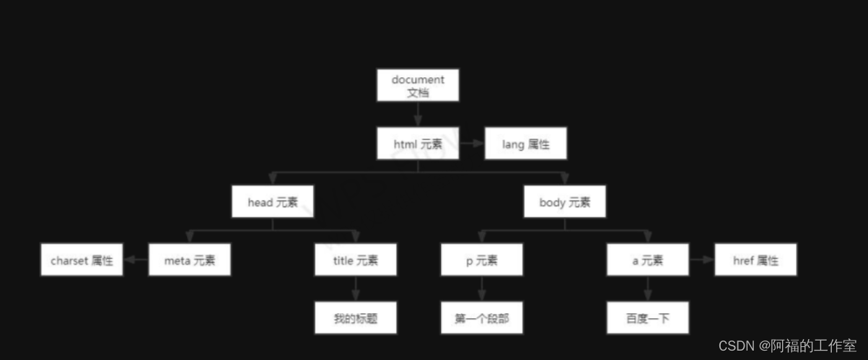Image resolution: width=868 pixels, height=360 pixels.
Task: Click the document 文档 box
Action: pyautogui.click(x=418, y=85)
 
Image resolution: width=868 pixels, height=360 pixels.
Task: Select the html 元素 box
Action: pyautogui.click(x=418, y=144)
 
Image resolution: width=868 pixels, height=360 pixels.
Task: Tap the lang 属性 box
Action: pyautogui.click(x=525, y=144)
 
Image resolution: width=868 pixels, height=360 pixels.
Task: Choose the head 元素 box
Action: pyautogui.click(x=273, y=201)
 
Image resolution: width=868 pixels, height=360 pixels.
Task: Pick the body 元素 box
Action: pyautogui.click(x=564, y=201)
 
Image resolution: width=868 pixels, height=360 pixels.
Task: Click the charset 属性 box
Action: pyautogui.click(x=82, y=260)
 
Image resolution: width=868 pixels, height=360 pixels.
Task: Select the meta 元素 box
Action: pyautogui.click(x=190, y=260)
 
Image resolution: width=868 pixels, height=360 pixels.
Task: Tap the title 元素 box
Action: pyautogui.click(x=355, y=260)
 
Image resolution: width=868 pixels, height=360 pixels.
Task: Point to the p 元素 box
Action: pyautogui.click(x=481, y=260)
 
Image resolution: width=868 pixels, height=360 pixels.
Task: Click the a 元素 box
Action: pyautogui.click(x=647, y=260)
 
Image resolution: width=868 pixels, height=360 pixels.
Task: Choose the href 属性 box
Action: pyautogui.click(x=755, y=260)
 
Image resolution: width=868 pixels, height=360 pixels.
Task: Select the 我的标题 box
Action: pyautogui.click(x=355, y=317)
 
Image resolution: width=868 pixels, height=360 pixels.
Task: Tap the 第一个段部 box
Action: pyautogui.click(x=481, y=317)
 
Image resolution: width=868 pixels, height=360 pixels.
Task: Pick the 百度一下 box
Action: pyautogui.click(x=647, y=317)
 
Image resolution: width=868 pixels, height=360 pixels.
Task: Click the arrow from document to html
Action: pyautogui.click(x=418, y=114)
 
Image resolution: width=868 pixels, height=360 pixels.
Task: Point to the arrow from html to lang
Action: pyautogui.click(x=472, y=144)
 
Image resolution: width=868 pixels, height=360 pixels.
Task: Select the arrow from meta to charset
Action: pyautogui.click(x=136, y=260)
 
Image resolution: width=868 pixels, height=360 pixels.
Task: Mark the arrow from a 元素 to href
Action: pyautogui.click(x=701, y=260)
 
